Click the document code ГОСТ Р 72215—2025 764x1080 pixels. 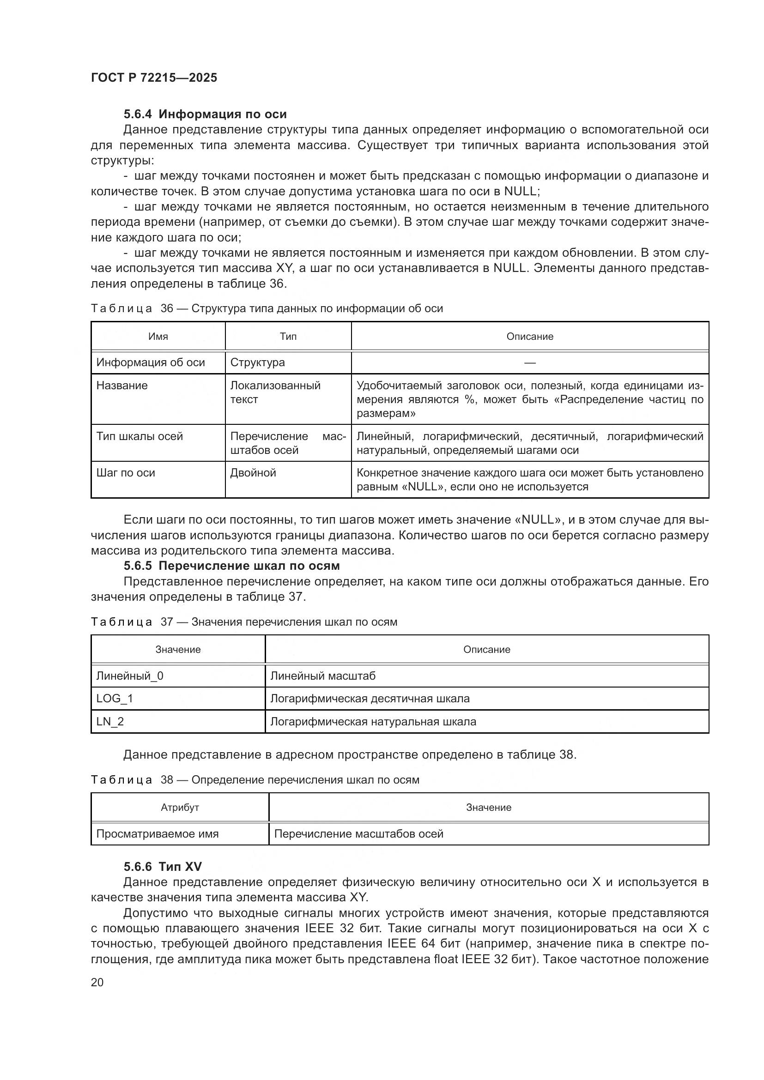coord(154,78)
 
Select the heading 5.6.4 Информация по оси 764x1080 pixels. coord(205,115)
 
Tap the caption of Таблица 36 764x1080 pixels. coord(266,308)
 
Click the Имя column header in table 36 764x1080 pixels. coord(158,336)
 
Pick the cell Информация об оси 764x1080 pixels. coord(151,362)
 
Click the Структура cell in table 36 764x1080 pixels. coord(257,362)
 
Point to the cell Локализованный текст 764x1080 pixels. coord(275,392)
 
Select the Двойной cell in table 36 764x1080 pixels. coord(253,473)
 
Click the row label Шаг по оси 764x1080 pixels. coord(126,473)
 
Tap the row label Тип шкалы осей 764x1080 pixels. coord(139,436)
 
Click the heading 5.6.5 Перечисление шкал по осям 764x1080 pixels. coord(231,566)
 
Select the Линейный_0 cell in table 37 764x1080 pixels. coord(130,676)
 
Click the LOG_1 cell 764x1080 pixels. coord(115,699)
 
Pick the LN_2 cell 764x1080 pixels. coord(110,722)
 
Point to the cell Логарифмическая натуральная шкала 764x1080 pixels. coord(373,722)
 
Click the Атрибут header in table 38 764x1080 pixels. coord(180,808)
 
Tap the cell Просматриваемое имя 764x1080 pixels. coord(157,834)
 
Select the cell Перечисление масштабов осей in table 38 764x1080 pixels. coord(358,834)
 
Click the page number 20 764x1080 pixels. coord(97,982)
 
